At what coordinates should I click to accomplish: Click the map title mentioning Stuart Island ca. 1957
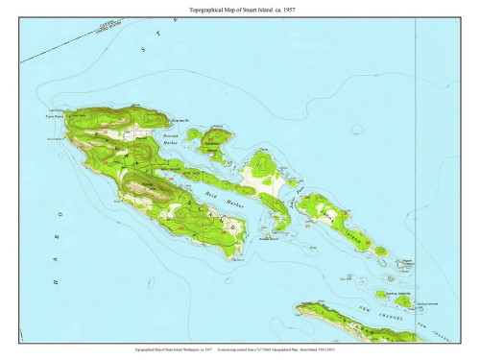point(239,8)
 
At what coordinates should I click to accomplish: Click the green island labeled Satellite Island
point(213,144)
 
